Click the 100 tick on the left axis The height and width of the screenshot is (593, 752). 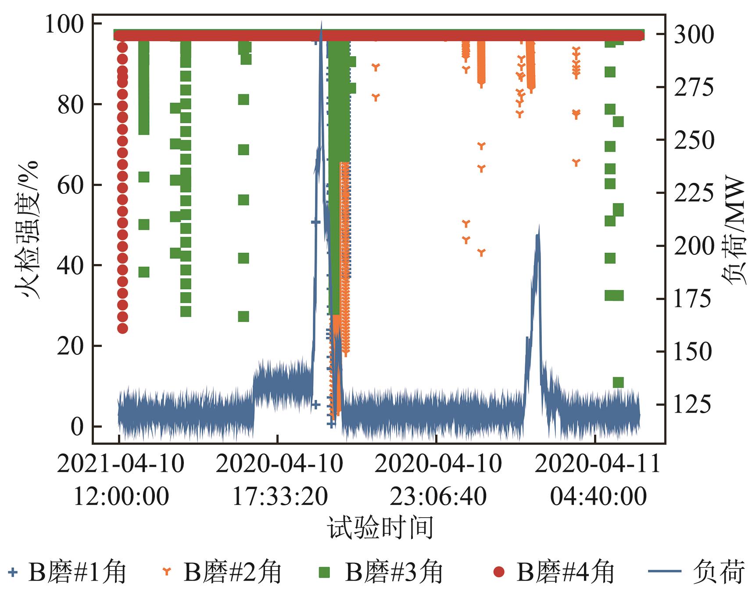coord(64,25)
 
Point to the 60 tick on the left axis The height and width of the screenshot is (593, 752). coord(71,185)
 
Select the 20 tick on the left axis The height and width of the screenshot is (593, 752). coord(71,346)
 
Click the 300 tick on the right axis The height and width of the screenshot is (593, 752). coord(694,35)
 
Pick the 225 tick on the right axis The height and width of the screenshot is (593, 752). coord(694,193)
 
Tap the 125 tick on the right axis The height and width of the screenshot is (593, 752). coord(694,404)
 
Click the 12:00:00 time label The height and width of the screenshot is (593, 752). coord(121,497)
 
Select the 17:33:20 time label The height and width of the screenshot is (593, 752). coord(279,497)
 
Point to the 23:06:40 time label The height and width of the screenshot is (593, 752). coord(438,497)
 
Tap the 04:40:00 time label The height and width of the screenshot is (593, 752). coord(598,497)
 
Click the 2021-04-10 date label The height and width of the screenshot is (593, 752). coord(121,464)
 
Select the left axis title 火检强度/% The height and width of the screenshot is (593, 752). coord(27,229)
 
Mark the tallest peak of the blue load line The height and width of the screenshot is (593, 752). coord(321,23)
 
